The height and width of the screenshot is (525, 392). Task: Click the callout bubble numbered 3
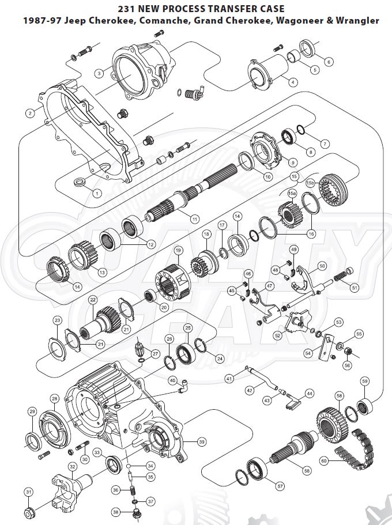[99, 73]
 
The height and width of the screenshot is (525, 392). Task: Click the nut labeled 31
[29, 512]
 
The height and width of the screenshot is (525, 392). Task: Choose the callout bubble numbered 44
[310, 394]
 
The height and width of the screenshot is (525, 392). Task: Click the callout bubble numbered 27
[155, 353]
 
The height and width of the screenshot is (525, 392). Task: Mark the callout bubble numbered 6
[329, 62]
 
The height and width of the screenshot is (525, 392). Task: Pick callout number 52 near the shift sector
[278, 335]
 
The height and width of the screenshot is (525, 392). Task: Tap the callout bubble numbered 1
[96, 192]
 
